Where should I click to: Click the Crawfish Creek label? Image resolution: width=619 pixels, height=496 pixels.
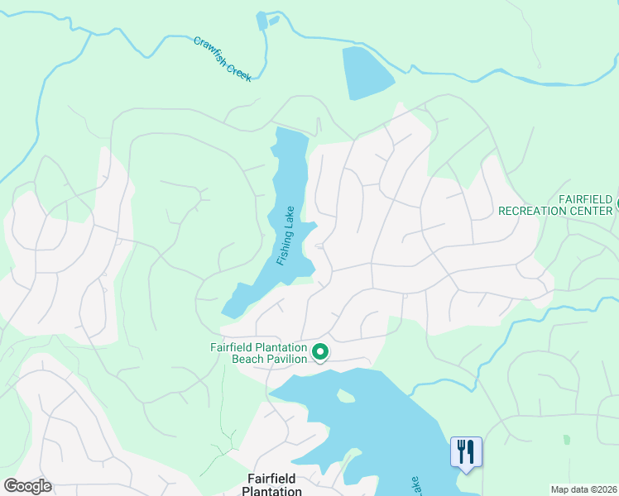[x=222, y=58]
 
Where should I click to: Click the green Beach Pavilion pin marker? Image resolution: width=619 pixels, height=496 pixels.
[x=320, y=353]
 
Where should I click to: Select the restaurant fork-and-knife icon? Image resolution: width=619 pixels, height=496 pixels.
[x=466, y=451]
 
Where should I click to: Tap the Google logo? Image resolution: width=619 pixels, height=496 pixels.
[x=27, y=486]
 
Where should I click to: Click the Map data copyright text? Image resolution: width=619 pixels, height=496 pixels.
[x=584, y=489]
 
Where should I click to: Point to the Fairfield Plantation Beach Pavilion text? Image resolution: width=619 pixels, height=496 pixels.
[x=257, y=353]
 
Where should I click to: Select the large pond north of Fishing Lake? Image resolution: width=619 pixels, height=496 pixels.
[x=367, y=73]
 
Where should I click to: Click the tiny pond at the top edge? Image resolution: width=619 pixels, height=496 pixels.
[x=262, y=21]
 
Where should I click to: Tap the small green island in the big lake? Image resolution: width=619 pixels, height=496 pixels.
[x=346, y=396]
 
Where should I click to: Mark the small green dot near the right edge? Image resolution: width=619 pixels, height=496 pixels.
[x=567, y=439]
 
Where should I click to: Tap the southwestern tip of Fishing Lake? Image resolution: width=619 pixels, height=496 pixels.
[x=227, y=312]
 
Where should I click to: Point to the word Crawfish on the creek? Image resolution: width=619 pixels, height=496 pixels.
[x=210, y=49]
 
